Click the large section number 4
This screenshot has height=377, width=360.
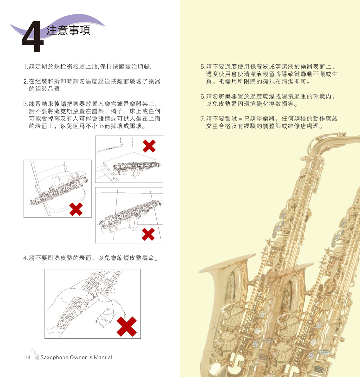pyautogui.click(x=33, y=37)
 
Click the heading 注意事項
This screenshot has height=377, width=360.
pyautogui.click(x=68, y=30)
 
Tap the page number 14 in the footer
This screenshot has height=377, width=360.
pyautogui.click(x=27, y=357)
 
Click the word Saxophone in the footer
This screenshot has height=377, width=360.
pyautogui.click(x=54, y=357)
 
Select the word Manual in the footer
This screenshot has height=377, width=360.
pyautogui.click(x=103, y=357)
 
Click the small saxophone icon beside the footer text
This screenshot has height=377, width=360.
pyautogui.click(x=35, y=355)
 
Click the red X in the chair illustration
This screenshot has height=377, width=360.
pyautogui.click(x=76, y=209)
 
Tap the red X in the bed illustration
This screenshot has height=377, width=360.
pyautogui.click(x=149, y=146)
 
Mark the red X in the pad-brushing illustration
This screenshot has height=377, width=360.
pyautogui.click(x=127, y=326)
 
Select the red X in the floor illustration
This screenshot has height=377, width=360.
pyautogui.click(x=148, y=234)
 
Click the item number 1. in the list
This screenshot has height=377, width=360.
pyautogui.click(x=25, y=67)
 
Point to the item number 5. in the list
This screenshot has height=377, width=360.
pyautogui.click(x=203, y=67)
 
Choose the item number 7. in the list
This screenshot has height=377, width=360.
pyautogui.click(x=203, y=119)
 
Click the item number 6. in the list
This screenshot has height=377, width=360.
pyautogui.click(x=203, y=97)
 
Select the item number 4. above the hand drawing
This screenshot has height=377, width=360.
pyautogui.click(x=25, y=258)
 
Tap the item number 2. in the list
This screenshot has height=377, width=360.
pyautogui.click(x=25, y=82)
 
